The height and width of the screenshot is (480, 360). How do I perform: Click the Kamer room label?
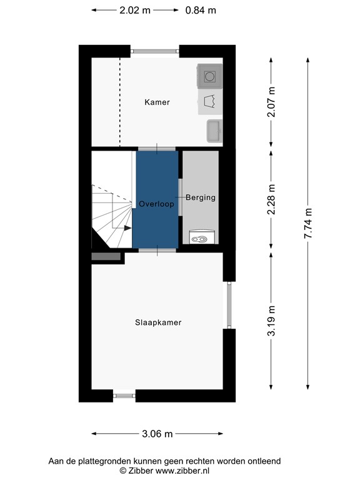[x=157, y=102]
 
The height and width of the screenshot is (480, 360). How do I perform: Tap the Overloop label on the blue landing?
[x=157, y=204]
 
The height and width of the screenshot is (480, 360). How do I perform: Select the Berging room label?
[x=200, y=197]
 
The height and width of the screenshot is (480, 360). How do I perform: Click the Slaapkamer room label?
[x=158, y=322]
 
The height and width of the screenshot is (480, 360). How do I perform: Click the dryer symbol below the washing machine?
[x=209, y=101]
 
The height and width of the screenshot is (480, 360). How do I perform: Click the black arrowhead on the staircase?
[x=127, y=228]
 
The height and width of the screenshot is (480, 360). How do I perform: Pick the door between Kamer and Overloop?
[x=157, y=148]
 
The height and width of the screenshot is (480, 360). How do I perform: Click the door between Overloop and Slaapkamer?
[x=157, y=250]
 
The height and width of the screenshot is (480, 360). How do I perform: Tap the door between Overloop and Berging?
[x=181, y=197]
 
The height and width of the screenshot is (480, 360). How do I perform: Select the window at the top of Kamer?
[x=155, y=51]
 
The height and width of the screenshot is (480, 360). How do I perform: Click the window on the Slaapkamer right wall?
[x=229, y=305]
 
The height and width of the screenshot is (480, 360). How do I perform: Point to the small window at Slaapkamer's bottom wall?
[x=124, y=395]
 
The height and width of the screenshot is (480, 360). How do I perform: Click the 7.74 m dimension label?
[x=307, y=222]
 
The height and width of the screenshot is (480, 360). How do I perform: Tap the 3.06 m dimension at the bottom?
[x=157, y=434]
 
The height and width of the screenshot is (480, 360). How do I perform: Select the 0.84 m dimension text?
[x=201, y=10]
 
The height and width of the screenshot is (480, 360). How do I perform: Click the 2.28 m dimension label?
[x=271, y=199]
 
